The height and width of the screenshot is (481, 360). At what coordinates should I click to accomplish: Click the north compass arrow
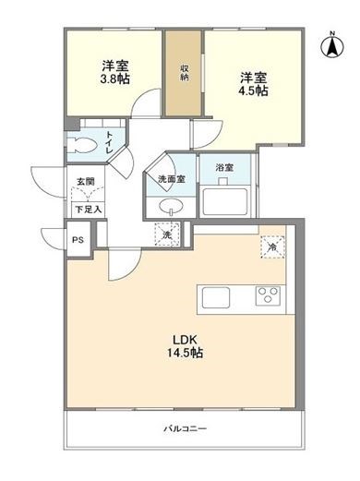[330, 45]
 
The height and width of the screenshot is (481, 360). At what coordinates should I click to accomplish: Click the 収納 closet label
[185, 72]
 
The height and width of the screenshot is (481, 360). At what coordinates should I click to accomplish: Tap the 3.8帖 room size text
[114, 79]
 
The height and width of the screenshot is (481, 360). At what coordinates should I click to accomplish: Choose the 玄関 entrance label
[84, 183]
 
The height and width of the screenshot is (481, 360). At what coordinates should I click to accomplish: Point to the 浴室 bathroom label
[224, 168]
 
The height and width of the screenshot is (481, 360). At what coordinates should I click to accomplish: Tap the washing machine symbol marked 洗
[167, 235]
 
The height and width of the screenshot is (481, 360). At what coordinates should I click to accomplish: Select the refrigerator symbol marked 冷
[272, 247]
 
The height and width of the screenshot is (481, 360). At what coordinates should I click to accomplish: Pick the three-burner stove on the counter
[269, 297]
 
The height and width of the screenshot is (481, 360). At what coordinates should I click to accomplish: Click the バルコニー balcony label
[185, 429]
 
